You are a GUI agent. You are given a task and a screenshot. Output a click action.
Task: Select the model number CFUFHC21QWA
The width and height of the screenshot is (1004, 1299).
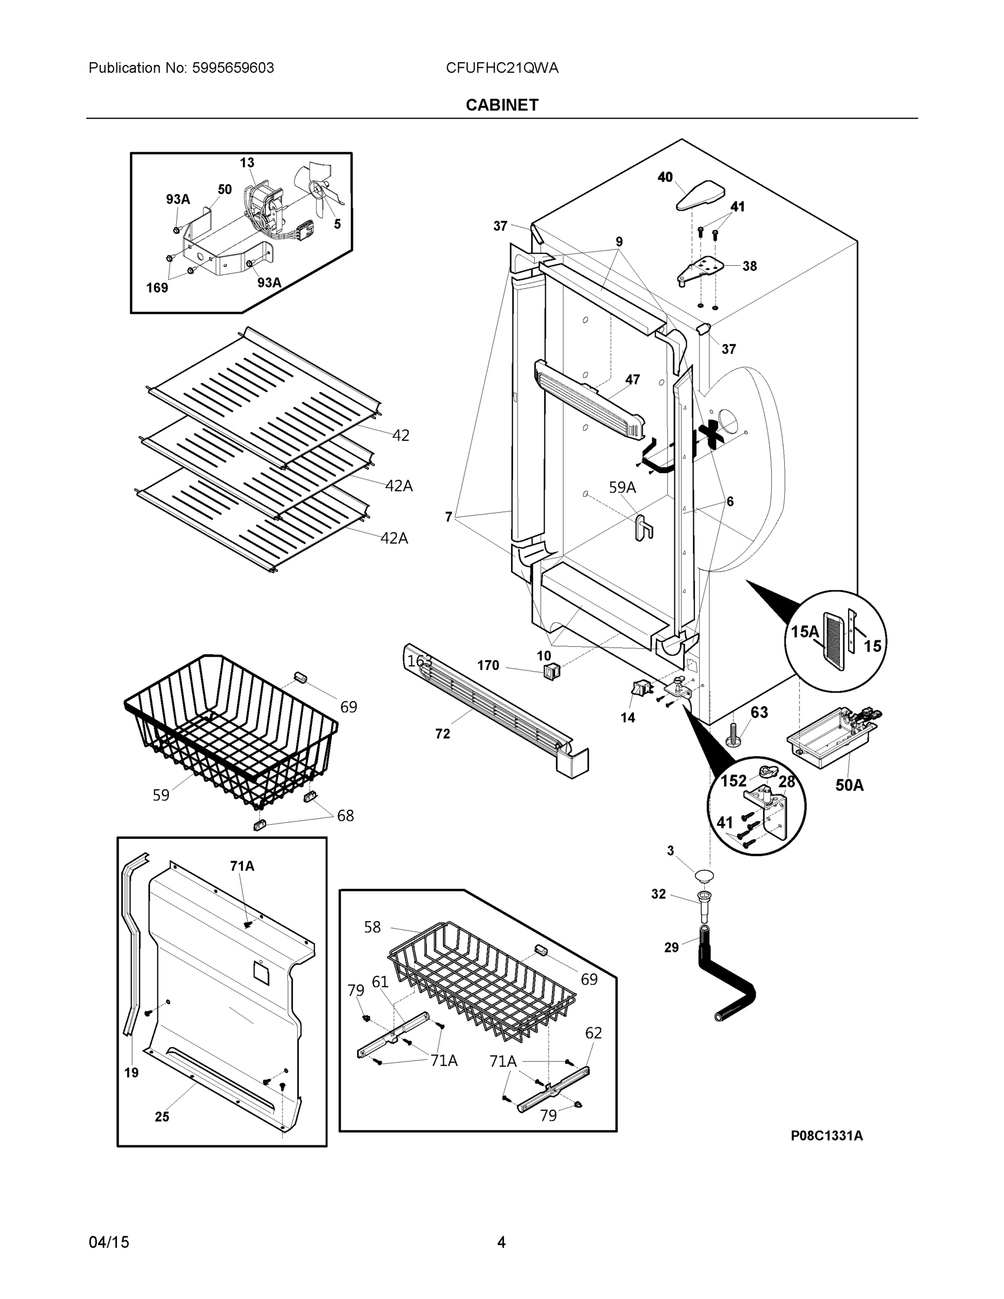502,68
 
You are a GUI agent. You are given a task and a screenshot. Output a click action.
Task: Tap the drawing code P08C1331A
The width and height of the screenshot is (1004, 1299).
826,1136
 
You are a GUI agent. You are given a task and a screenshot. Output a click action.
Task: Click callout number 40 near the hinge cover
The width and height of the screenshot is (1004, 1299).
665,176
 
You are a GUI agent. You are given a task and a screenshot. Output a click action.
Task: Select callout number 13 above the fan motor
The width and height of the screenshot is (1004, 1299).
247,162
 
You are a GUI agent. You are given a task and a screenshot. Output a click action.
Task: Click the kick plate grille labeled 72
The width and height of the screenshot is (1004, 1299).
494,708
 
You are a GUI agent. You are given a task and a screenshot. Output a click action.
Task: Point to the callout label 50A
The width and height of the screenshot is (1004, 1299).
849,785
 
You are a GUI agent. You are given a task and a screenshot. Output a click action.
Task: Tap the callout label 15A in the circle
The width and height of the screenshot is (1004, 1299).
805,632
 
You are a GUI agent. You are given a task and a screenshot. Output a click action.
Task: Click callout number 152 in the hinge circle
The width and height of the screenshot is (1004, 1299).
733,780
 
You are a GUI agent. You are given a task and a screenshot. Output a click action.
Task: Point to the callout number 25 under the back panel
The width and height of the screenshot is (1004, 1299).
162,1117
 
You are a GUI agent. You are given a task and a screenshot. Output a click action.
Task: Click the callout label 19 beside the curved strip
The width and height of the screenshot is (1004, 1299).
132,1072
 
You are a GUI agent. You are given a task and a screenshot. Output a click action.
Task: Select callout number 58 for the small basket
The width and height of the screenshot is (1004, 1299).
372,927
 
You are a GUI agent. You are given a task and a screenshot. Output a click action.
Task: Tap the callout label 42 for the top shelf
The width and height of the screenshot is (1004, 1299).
401,435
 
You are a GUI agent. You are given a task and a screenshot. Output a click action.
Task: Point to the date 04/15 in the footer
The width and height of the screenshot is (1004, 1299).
109,1242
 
